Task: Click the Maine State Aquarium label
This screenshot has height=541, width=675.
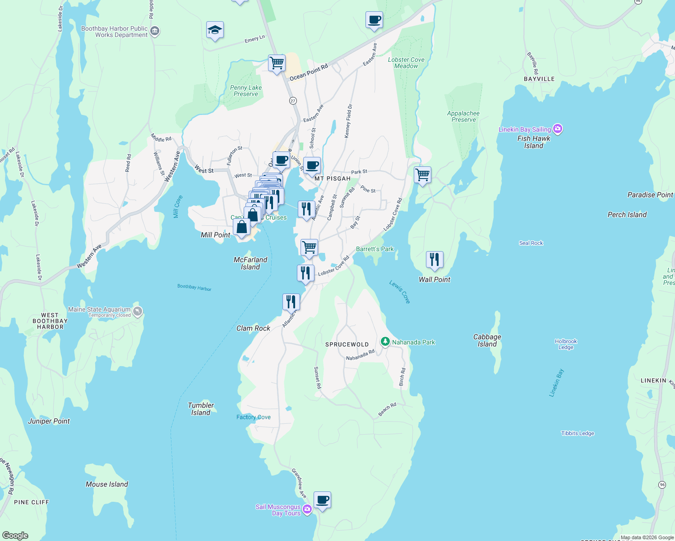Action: click(99, 310)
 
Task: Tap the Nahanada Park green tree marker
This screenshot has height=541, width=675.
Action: click(385, 342)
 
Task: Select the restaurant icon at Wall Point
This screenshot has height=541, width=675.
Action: click(435, 260)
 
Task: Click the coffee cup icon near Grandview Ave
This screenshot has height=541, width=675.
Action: click(322, 500)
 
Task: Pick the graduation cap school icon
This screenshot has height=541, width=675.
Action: click(215, 30)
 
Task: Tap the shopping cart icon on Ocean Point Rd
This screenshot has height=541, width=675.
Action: click(277, 63)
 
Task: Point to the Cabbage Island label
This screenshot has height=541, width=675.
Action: click(487, 340)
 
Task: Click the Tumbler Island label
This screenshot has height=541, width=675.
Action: click(201, 409)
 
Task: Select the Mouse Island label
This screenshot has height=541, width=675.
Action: click(107, 484)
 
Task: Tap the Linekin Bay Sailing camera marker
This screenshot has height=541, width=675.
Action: click(558, 129)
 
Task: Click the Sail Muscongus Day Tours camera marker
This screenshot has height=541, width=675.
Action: click(307, 509)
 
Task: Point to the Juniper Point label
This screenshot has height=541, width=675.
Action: click(49, 421)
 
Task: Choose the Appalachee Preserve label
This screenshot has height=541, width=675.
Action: click(463, 116)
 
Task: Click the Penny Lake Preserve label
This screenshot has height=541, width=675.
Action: click(246, 91)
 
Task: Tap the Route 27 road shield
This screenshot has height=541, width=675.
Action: click(293, 101)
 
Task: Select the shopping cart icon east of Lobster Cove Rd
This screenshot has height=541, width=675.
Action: click(422, 174)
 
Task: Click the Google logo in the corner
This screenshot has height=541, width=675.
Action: click(15, 536)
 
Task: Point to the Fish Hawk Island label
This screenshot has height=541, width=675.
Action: click(534, 142)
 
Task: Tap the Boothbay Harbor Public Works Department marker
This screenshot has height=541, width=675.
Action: click(155, 31)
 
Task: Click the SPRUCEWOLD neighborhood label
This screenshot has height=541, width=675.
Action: click(347, 344)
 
